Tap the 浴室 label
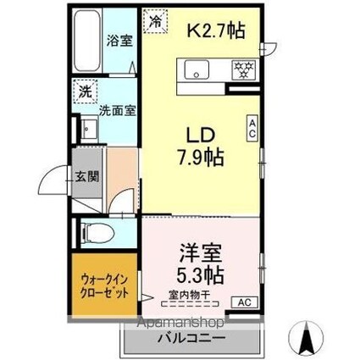(119, 40)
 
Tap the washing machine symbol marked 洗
(85, 91)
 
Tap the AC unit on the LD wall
(252, 128)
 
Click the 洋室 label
(200, 252)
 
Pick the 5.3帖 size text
(200, 276)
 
